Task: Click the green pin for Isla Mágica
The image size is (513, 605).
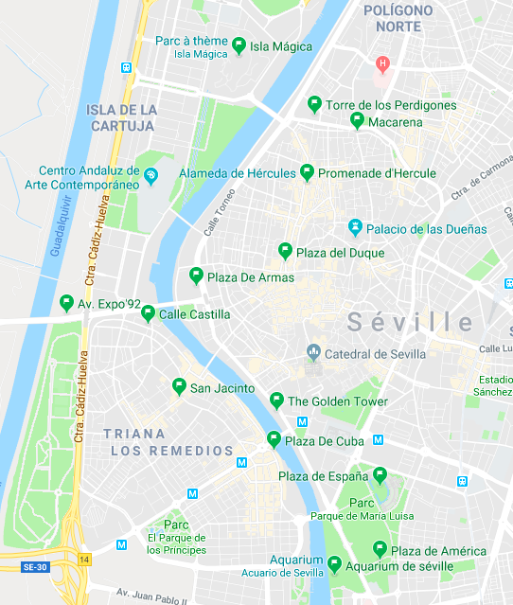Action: coord(239,44)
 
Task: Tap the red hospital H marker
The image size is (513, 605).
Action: coord(382,65)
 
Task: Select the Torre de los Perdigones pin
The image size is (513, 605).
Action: coord(314,104)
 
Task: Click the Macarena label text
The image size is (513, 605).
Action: coord(395,122)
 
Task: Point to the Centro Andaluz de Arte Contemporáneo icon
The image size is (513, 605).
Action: coord(150,175)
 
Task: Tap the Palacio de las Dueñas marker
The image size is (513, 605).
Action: coord(355,227)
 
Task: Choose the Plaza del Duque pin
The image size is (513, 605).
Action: coord(285,251)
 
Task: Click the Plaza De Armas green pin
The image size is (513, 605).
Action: coord(196,276)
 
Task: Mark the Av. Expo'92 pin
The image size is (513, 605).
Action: coord(66,303)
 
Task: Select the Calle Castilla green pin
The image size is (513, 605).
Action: coord(148,312)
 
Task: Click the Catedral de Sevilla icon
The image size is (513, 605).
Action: coord(313,353)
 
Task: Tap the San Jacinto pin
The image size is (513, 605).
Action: coord(179,386)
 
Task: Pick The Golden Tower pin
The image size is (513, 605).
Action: coord(276,400)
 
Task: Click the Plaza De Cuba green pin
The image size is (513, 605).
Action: coord(274,439)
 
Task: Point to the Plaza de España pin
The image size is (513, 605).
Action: coord(380,474)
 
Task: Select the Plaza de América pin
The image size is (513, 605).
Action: coord(380,549)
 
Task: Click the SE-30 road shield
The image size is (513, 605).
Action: coord(34,567)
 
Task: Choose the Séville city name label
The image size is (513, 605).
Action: coord(411,322)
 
